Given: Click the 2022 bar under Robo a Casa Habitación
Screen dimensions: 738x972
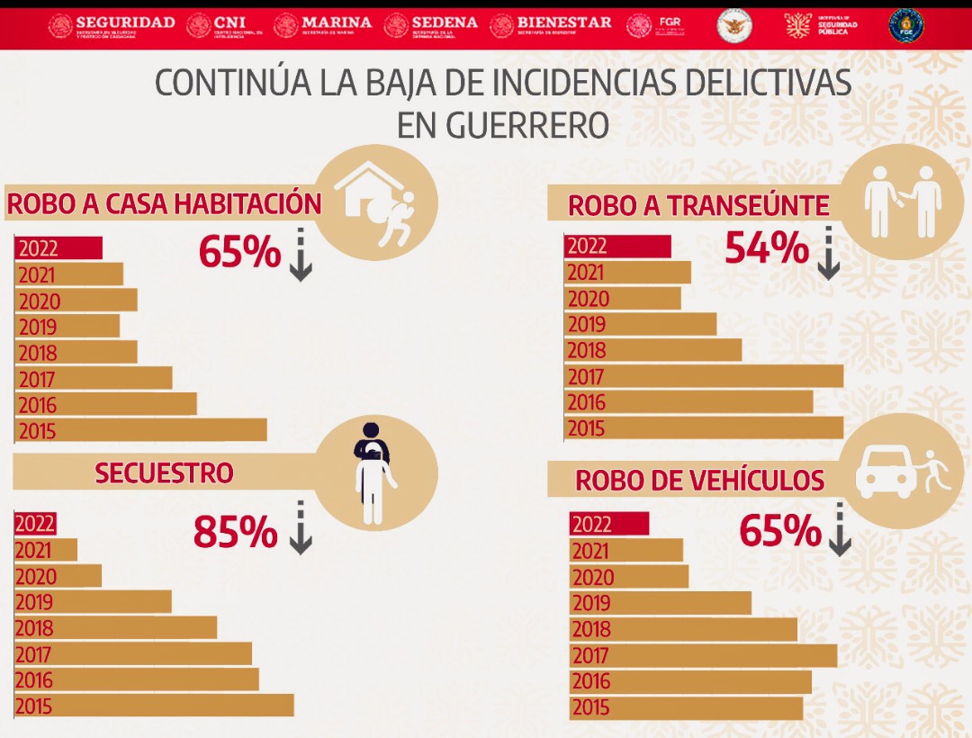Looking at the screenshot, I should point(58,248).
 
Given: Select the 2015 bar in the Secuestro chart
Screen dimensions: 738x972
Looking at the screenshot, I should point(154,706).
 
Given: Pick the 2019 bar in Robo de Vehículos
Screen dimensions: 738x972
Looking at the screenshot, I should point(661,603).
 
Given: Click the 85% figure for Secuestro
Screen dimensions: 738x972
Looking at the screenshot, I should point(235,533).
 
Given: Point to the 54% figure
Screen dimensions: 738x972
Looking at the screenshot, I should point(766,248).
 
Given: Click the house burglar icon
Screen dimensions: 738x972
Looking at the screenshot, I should point(378,202).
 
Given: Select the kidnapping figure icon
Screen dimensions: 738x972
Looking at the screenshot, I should point(373,472).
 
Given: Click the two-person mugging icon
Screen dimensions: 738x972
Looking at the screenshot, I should point(903,200).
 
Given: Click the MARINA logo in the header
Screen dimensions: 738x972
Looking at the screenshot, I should point(323,24).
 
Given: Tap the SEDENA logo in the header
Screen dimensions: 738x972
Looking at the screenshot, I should point(431,24).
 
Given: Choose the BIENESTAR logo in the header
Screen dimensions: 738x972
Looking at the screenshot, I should point(551,24).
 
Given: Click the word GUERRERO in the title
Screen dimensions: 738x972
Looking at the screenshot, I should point(503,124).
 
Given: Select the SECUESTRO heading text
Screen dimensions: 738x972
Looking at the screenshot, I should point(164,472).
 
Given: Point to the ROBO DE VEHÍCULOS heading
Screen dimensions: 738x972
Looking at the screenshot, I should point(699,481).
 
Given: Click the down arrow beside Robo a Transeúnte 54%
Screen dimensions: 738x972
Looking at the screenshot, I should point(828,253).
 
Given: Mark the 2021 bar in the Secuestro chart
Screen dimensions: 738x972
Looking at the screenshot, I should point(46,550).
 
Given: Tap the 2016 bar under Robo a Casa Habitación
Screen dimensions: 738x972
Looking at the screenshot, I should point(105,404).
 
